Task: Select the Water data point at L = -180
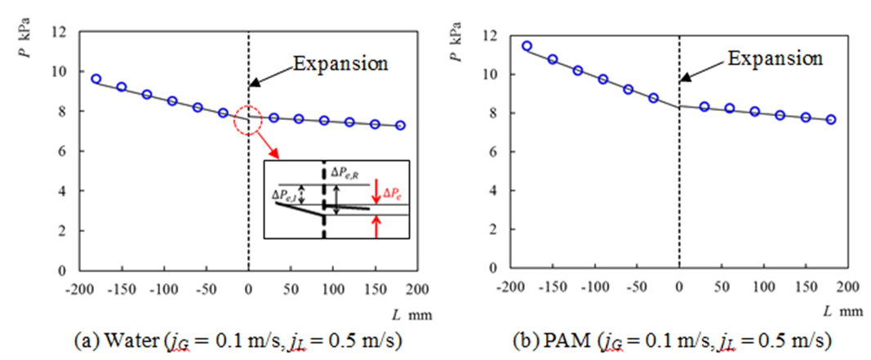tap(96, 79)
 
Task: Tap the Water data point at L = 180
tap(400, 126)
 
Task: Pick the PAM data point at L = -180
tap(527, 47)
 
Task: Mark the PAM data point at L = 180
tap(831, 119)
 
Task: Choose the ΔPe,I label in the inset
tap(287, 197)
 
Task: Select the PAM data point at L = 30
tap(704, 107)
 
